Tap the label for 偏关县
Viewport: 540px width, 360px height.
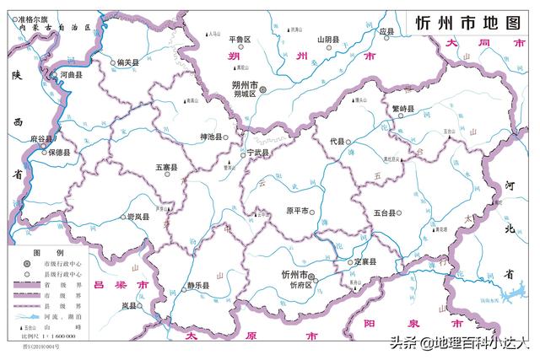pyautogui.click(x=128, y=62)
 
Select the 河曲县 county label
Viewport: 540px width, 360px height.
pyautogui.click(x=72, y=75)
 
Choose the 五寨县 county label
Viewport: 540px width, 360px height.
pyautogui.click(x=165, y=169)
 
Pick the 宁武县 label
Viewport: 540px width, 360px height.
pyautogui.click(x=257, y=153)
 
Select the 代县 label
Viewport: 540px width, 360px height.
pyautogui.click(x=338, y=141)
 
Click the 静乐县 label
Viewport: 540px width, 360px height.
pyautogui.click(x=198, y=286)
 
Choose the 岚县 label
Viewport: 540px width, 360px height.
pyautogui.click(x=130, y=305)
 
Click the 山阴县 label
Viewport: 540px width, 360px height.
pyautogui.click(x=328, y=39)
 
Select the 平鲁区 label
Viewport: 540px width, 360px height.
pyautogui.click(x=240, y=39)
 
